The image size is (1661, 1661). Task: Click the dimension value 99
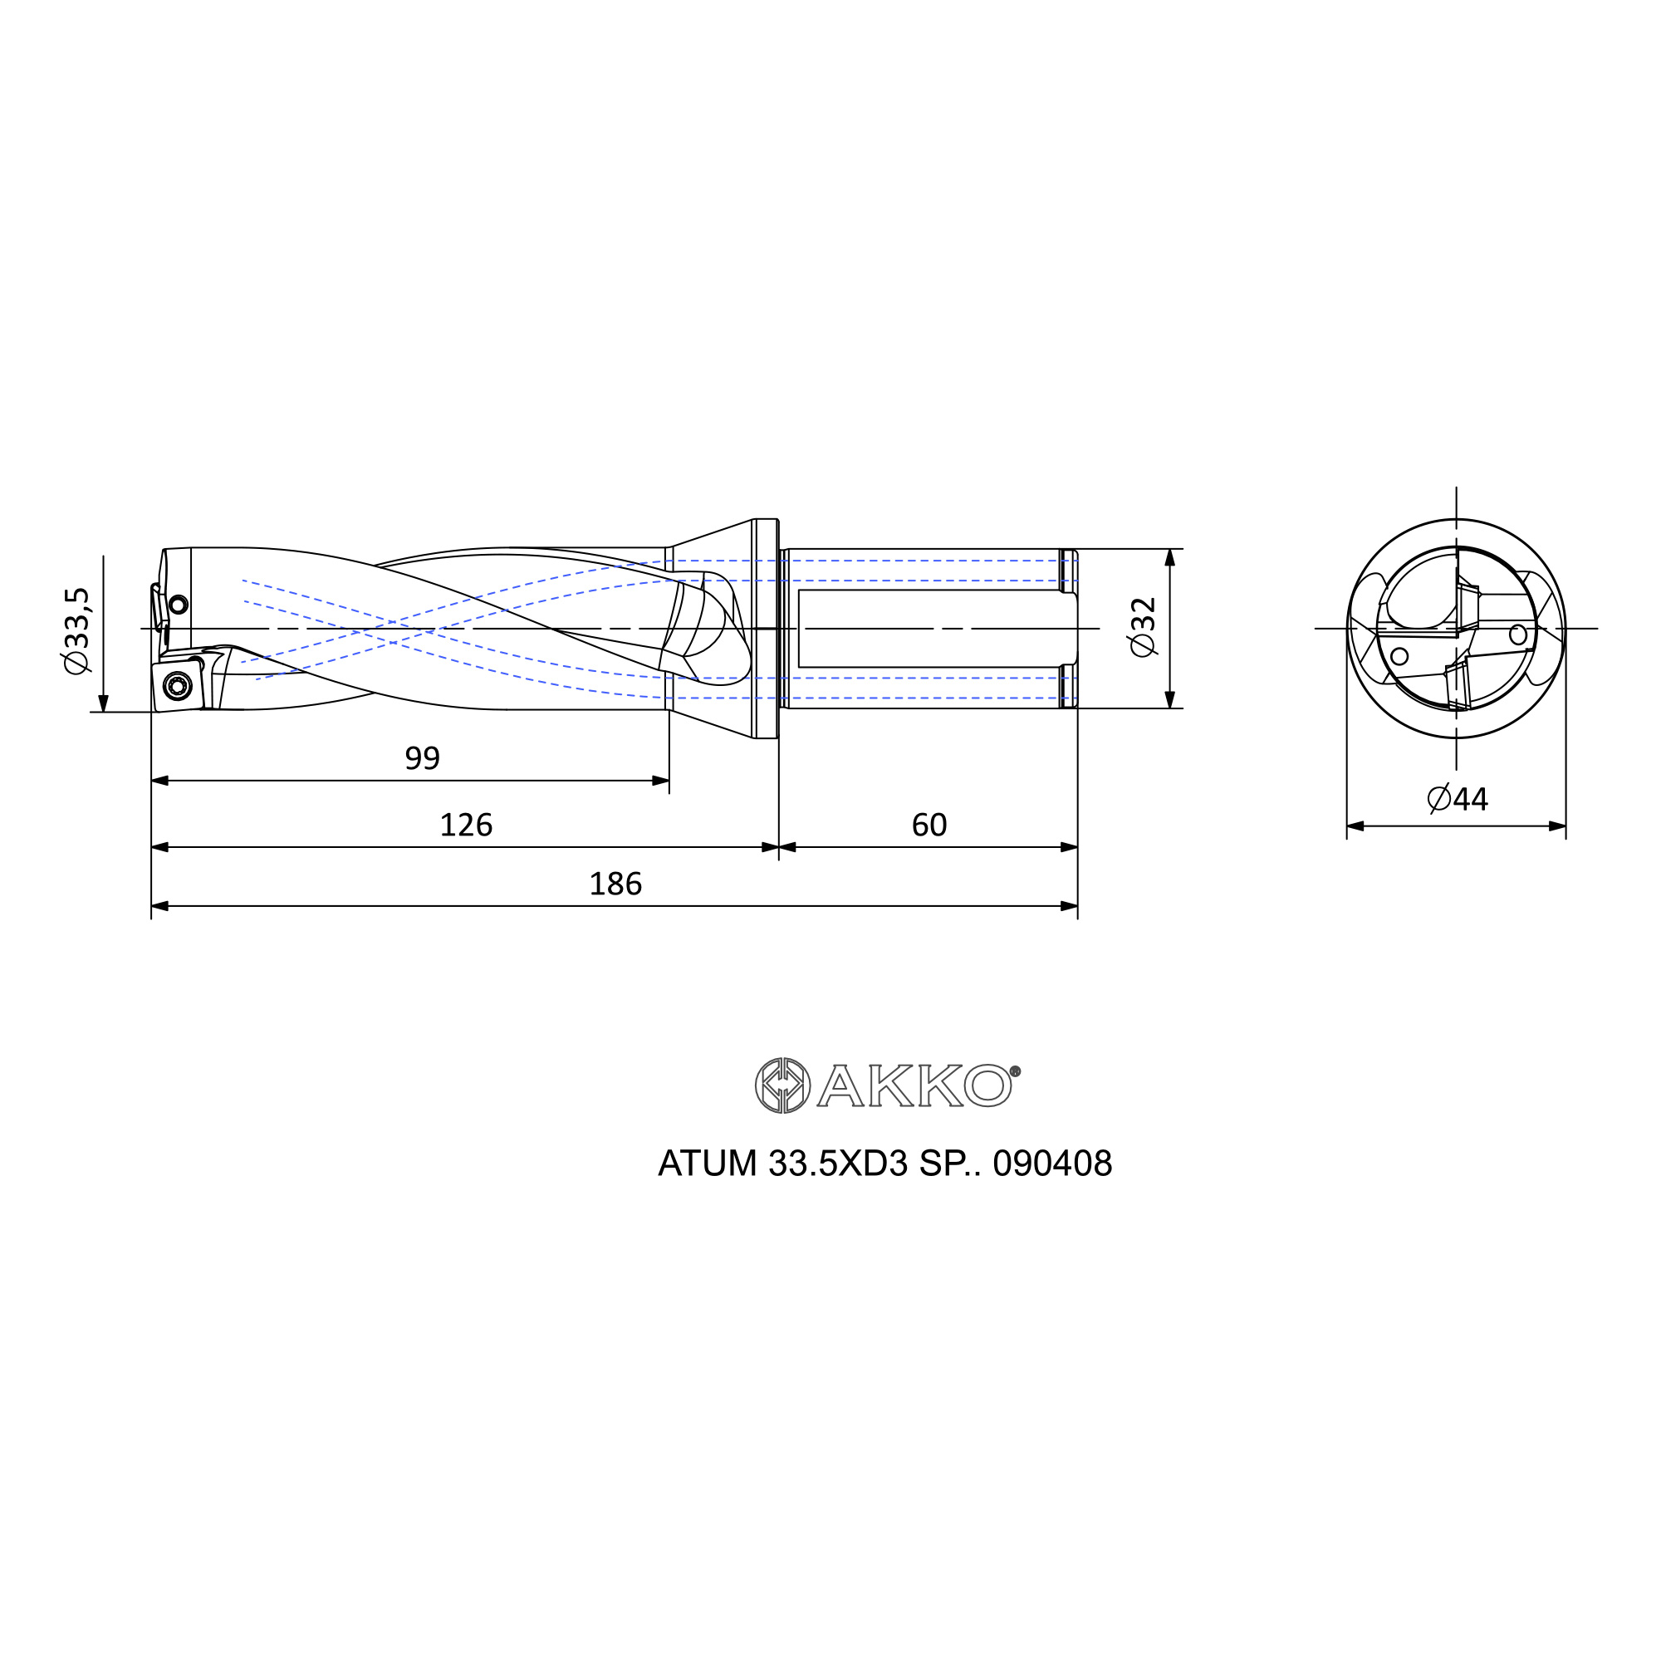coord(422,758)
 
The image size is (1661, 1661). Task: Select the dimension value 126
coord(466,826)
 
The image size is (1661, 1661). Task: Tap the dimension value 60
coord(928,826)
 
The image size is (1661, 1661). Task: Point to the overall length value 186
coord(615,884)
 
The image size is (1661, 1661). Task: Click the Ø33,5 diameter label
coord(76,630)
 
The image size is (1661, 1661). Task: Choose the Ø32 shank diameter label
coord(1144,628)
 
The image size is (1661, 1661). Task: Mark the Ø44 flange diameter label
coord(1458,799)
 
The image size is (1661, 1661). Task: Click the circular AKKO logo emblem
coord(782,1085)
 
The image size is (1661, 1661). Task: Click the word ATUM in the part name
coord(708,1164)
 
